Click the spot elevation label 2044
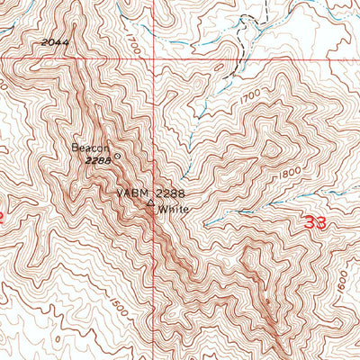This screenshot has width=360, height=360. coord(55,42)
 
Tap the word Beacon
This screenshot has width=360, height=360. coord(90,148)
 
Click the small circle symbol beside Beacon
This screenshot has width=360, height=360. coord(116,154)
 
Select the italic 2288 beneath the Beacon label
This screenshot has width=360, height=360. coord(97,160)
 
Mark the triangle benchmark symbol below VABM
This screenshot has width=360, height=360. coord(150,203)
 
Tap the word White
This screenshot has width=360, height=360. coord(173,210)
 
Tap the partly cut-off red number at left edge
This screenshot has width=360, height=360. coord(3,217)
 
